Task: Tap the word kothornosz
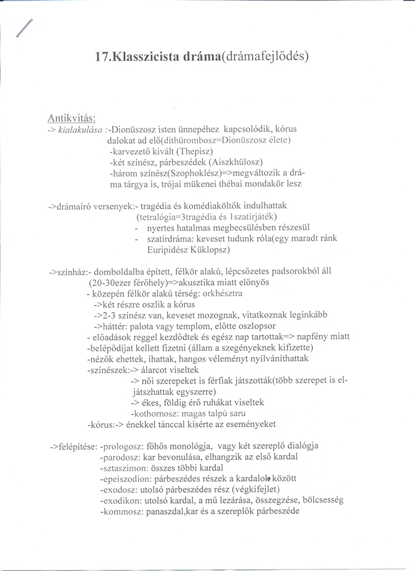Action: [x=153, y=413]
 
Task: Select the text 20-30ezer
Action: [x=112, y=282]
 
